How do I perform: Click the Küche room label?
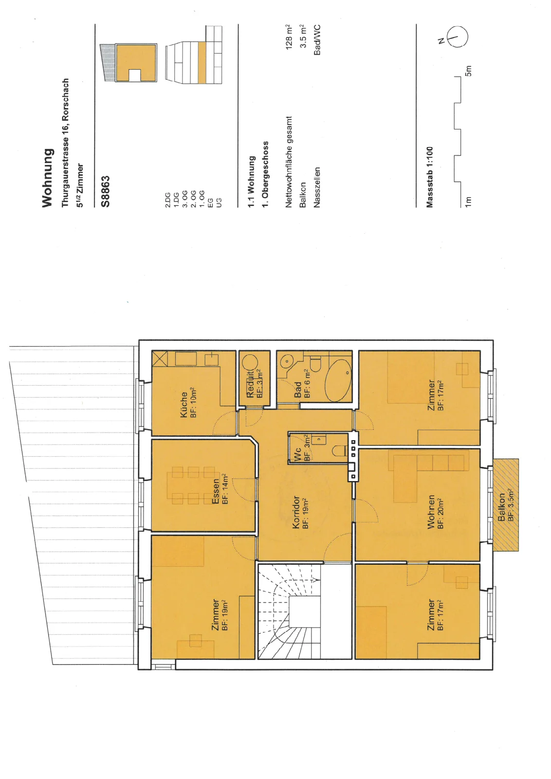[x=184, y=404]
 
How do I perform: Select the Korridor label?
[x=296, y=512]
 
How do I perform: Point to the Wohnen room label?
[x=431, y=512]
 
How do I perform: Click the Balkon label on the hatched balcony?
[x=501, y=507]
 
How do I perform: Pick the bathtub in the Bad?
[x=338, y=380]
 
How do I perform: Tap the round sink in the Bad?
[x=286, y=361]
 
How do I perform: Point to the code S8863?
[x=105, y=191]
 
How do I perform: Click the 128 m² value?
[x=289, y=37]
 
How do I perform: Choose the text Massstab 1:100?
[x=430, y=177]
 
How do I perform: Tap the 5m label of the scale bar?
[x=468, y=71]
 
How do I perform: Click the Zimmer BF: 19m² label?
[x=220, y=615]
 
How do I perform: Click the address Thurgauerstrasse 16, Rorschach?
[x=65, y=143]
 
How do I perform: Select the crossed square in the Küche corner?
[x=160, y=358]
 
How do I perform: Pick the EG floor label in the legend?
[x=210, y=204]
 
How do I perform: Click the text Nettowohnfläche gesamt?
[x=289, y=162]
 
